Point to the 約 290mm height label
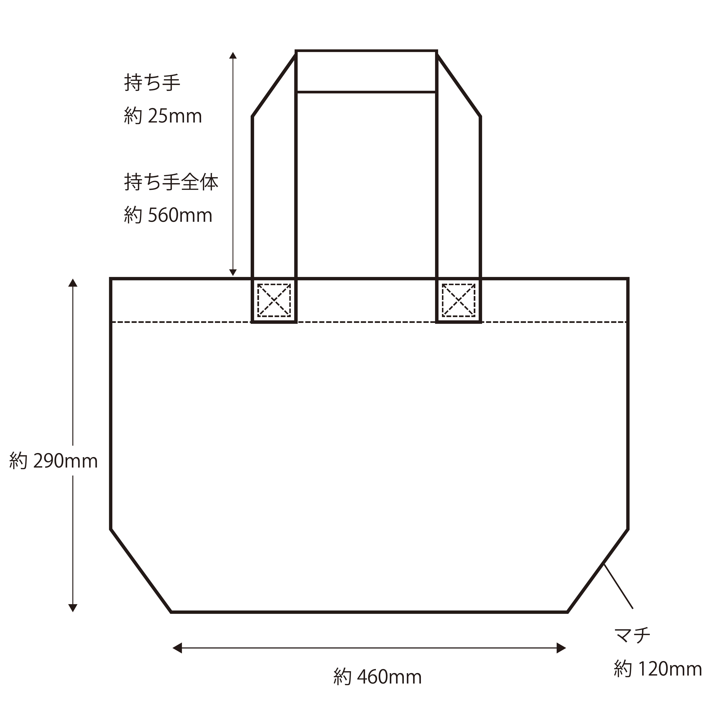(x=53, y=461)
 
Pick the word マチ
(x=632, y=635)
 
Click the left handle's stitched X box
(x=274, y=300)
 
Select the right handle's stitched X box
(x=458, y=300)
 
